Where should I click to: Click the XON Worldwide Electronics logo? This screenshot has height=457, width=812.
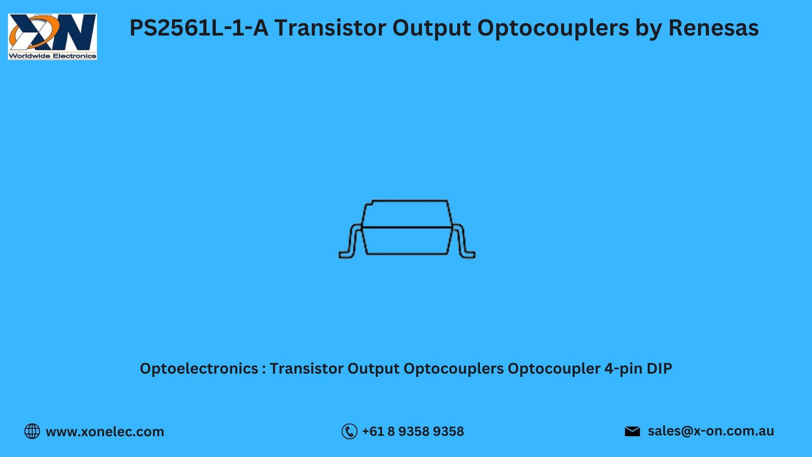coord(52,36)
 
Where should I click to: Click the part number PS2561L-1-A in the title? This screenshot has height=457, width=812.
coord(199,28)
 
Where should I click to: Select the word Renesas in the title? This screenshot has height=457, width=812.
coord(713,28)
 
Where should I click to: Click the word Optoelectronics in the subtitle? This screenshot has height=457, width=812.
coord(199,369)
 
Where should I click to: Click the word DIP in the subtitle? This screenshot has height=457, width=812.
coord(659,369)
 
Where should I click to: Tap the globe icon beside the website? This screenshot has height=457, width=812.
coord(32,431)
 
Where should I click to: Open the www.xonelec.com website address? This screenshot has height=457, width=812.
coord(105,432)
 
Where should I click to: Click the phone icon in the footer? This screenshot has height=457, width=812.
coord(349,431)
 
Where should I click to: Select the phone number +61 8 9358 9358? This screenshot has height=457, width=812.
coord(413,431)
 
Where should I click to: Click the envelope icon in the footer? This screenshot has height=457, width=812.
coord(632,431)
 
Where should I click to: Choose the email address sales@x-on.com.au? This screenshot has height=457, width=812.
coord(711,431)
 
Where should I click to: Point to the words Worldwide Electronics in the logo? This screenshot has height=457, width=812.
coord(52,55)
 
